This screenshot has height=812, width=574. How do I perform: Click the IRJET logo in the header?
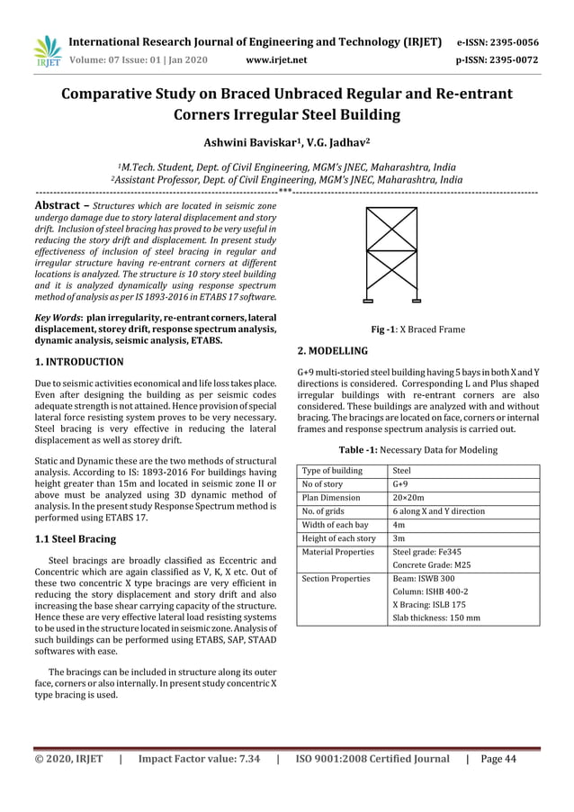pos(44,50)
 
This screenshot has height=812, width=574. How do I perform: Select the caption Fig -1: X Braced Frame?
pos(417,329)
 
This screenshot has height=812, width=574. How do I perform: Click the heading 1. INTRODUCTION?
pos(78,362)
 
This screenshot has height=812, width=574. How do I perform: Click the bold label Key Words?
pos(57,318)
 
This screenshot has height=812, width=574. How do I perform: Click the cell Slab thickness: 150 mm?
pos(437,618)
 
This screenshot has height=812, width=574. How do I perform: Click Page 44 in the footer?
pos(498,759)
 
